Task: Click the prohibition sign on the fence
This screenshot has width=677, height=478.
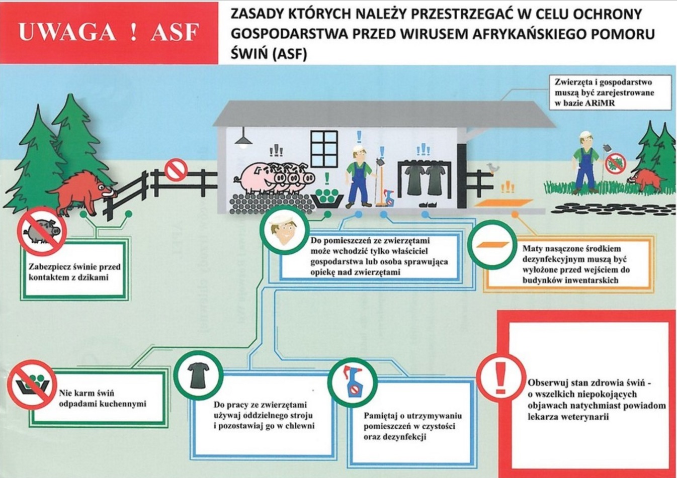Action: pos(176,169)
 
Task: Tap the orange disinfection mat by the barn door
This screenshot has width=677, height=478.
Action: pos(503,203)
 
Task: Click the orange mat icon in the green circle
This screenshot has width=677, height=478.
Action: pos(491,245)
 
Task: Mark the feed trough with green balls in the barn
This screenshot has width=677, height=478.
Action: pos(327,197)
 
